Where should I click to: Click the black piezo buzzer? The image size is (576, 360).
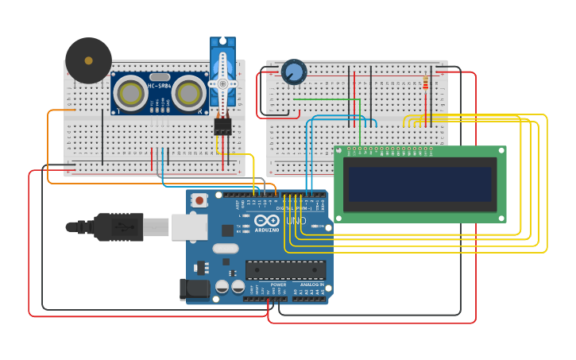[88, 60]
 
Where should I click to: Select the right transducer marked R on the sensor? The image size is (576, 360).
[188, 93]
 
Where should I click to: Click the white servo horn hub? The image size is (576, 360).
[223, 83]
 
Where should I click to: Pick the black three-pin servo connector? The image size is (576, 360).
[222, 126]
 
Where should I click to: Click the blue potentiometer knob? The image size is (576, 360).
[294, 72]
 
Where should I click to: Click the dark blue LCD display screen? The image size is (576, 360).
[419, 184]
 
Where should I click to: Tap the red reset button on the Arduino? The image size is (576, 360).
[199, 200]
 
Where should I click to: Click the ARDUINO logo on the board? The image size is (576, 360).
[267, 225]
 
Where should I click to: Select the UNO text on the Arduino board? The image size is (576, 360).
[296, 220]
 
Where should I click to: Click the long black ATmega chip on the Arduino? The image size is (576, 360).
[285, 270]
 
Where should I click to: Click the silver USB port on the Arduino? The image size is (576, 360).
[189, 226]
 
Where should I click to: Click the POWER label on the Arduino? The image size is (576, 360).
[278, 285]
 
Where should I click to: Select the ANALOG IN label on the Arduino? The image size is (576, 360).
[311, 285]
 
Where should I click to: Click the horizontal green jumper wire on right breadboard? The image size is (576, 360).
[326, 99]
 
